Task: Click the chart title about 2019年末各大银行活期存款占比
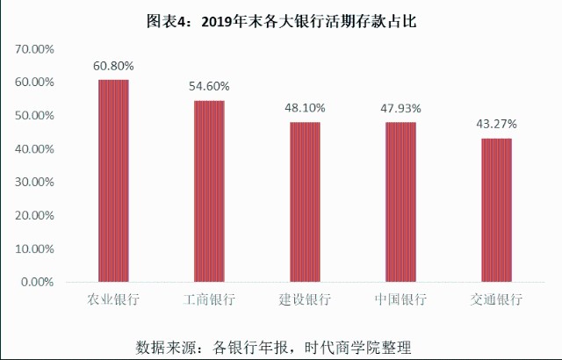(282, 22)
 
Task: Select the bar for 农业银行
(113, 180)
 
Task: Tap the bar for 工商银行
(209, 191)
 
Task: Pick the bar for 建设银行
(305, 202)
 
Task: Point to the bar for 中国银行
(401, 202)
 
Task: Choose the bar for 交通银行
(497, 210)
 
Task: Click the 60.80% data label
(113, 66)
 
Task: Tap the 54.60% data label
(209, 87)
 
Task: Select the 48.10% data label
(305, 108)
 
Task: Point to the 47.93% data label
(401, 108)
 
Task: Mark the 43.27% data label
(497, 124)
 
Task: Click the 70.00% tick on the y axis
(35, 49)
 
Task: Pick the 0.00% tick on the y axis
(38, 282)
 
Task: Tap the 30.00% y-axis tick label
(35, 183)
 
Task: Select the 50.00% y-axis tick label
(35, 116)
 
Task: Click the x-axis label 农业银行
(113, 300)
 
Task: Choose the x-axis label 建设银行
(305, 300)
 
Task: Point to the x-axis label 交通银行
(497, 300)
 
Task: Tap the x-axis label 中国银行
(401, 300)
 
